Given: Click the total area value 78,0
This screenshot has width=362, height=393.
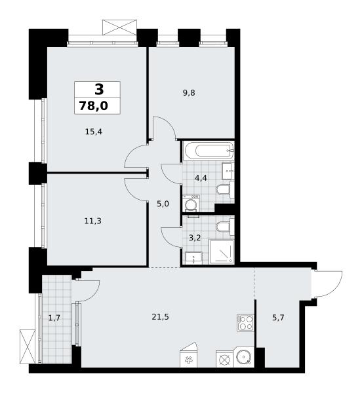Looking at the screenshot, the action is pos(93,105).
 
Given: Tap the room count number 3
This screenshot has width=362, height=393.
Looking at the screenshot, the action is pos(99,90).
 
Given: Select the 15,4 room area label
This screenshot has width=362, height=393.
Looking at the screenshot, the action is pos(94,132).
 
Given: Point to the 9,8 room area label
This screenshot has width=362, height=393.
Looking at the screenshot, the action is pos(189,93).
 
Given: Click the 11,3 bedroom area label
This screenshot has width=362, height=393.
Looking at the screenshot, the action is pos(93,221).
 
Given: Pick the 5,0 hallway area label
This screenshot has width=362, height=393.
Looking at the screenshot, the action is pos(163,204).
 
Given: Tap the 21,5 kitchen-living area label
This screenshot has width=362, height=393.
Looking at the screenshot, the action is pos(160,317).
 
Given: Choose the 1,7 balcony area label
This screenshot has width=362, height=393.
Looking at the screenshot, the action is pos(54,318).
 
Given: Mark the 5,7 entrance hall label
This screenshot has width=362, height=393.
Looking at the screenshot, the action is pos(278,318).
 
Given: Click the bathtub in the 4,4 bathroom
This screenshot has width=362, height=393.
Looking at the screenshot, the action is pos(209,151).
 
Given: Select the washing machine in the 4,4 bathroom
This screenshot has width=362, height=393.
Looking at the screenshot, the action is pos(191,203).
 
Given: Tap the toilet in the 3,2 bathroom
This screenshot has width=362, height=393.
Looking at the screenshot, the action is pos(225,227).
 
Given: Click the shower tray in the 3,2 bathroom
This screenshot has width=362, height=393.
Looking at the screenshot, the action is pos(222,252).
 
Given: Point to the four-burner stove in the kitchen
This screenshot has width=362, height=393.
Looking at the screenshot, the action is pos(245,323).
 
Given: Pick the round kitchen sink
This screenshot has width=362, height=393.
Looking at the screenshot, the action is pos(243,357).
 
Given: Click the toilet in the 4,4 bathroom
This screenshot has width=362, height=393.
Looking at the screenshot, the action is pos(225,190).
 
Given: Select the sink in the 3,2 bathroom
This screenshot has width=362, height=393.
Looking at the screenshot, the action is pos(193,258).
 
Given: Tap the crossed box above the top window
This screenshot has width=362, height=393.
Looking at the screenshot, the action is pos(119,28).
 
